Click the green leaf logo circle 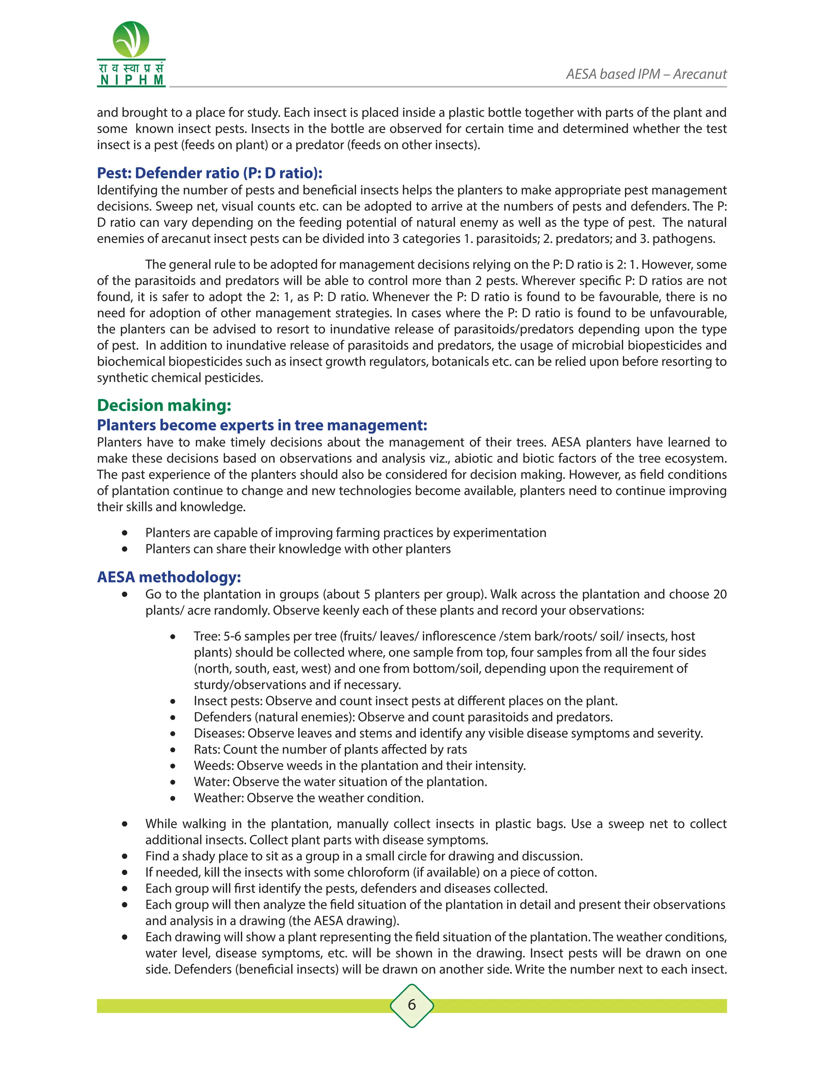(x=131, y=39)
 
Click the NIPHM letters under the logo (x=131, y=80)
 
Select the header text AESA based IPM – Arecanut (x=646, y=74)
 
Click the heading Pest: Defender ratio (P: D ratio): (x=209, y=173)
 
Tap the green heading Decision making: (x=164, y=405)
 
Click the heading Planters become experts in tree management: (x=262, y=425)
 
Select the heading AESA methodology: (x=169, y=577)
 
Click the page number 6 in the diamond (x=412, y=1005)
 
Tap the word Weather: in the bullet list (x=219, y=797)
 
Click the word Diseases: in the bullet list (x=219, y=733)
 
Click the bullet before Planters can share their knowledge (x=125, y=549)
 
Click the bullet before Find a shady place (x=125, y=856)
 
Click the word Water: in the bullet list (x=211, y=781)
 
